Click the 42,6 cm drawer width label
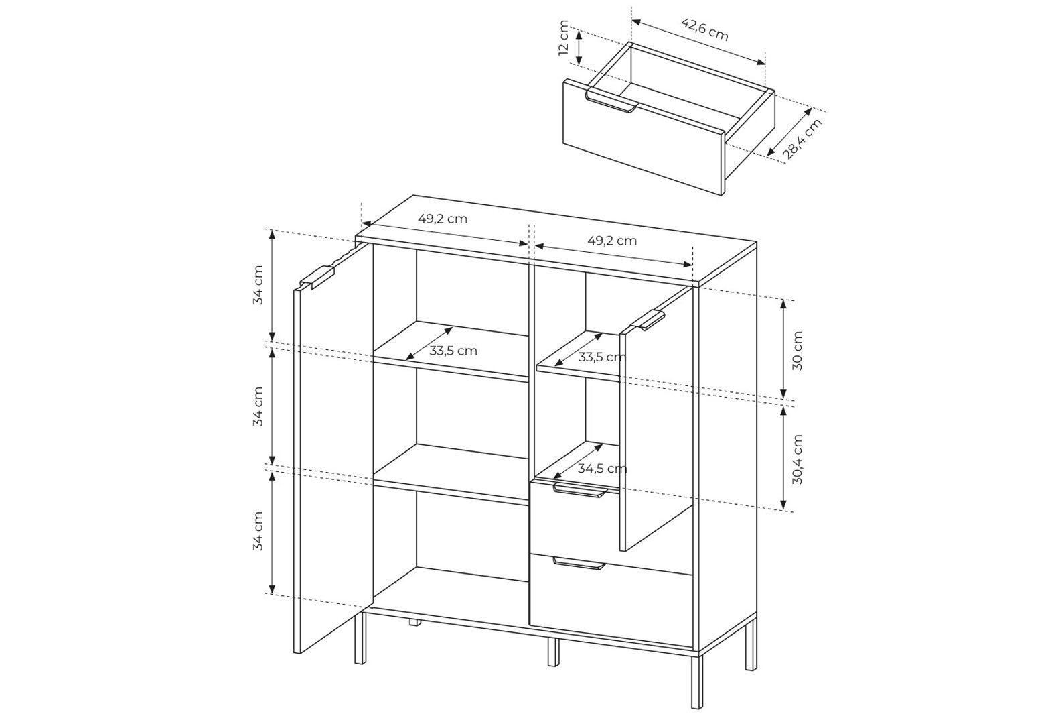(x=705, y=29)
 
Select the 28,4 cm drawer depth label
(x=802, y=139)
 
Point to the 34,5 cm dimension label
(x=603, y=468)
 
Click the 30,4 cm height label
(x=797, y=459)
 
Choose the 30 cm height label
(x=797, y=350)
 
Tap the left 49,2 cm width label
(x=443, y=219)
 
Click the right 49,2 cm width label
(x=612, y=241)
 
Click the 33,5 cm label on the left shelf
(x=453, y=351)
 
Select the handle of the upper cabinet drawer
(x=580, y=490)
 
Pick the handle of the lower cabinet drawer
(x=579, y=564)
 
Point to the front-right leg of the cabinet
(x=697, y=681)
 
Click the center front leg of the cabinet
(x=554, y=652)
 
